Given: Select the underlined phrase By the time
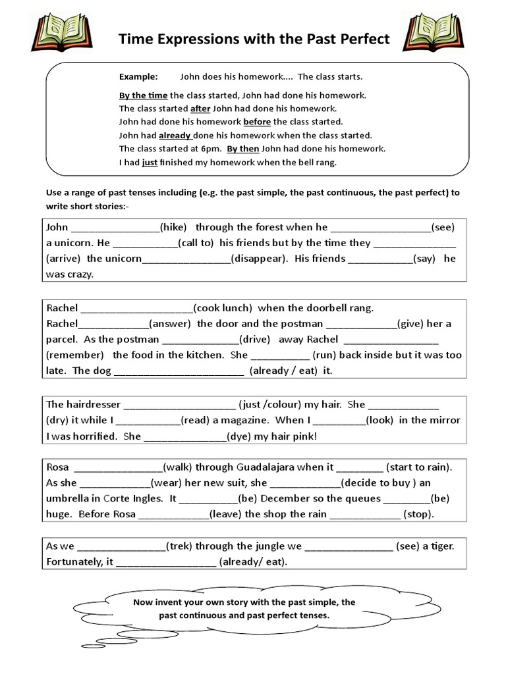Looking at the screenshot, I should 144,95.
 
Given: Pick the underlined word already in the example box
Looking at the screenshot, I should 175,135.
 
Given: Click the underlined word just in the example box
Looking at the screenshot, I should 150,161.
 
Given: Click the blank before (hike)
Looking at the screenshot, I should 115,228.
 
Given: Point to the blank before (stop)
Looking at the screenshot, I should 364,515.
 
